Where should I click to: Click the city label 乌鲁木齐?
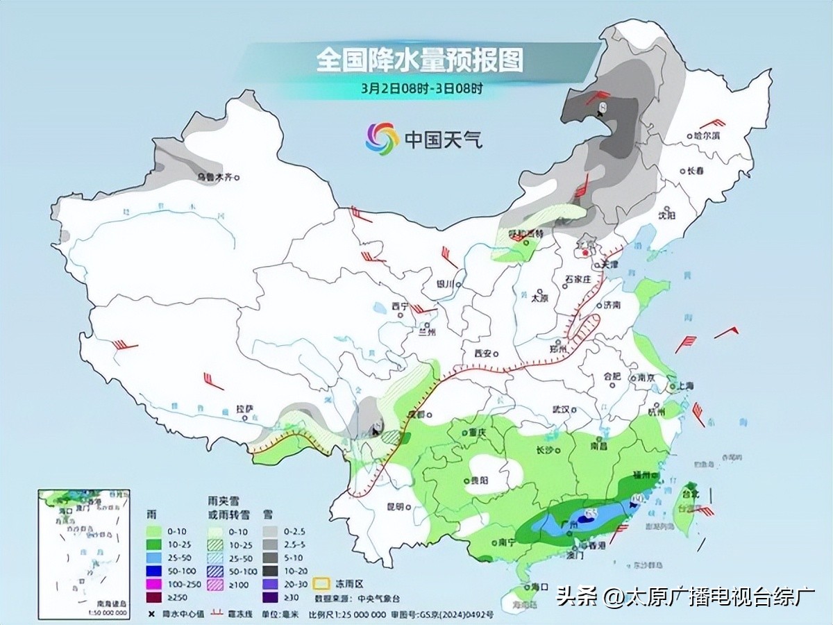coord(214,178)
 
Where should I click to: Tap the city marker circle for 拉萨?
coord(246,419)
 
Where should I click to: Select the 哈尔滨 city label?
coord(707,136)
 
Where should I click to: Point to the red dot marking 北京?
coord(587,254)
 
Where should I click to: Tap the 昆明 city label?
coord(395,507)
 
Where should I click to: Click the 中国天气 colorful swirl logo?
coord(382,139)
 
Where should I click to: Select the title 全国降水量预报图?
coord(419,60)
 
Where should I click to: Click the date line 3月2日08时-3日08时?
coord(421,88)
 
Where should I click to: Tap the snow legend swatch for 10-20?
coord(270,571)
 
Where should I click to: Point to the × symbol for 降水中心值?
coord(151,614)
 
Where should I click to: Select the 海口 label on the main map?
coord(530,587)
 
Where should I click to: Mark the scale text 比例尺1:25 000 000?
coord(346,614)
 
